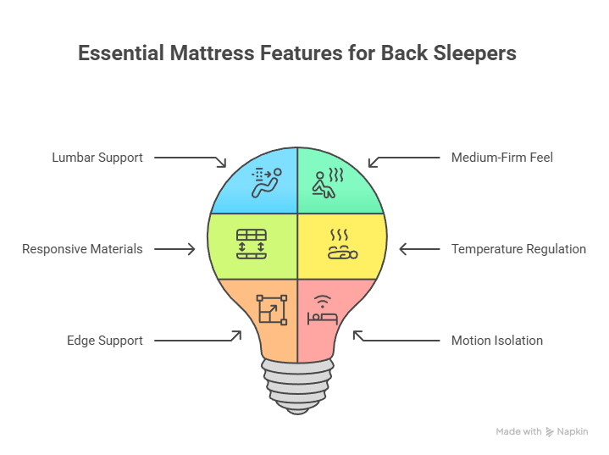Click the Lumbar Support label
coord(97,158)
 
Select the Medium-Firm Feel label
coord(502,158)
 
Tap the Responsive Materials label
coord(82,249)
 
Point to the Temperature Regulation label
coord(518,249)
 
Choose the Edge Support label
coord(105,341)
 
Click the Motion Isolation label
coord(497,341)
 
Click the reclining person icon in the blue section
coord(265,182)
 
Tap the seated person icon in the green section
coord(327,182)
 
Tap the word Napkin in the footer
coord(572,432)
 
